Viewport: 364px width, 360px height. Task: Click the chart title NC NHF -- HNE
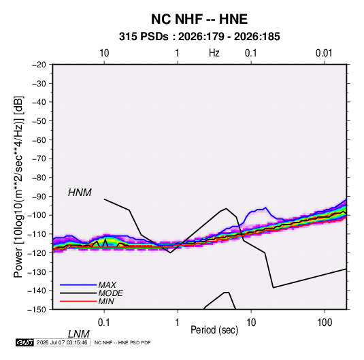pyautogui.click(x=199, y=19)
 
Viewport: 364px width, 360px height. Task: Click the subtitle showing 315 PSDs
pyautogui.click(x=199, y=37)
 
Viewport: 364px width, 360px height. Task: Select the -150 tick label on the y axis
pyautogui.click(x=37, y=309)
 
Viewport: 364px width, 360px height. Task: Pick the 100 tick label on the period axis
pyautogui.click(x=325, y=323)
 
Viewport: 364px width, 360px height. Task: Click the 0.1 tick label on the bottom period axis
pyautogui.click(x=104, y=323)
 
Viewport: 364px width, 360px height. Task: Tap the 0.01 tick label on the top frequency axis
pyautogui.click(x=324, y=53)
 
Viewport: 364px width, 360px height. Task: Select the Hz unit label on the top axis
pyautogui.click(x=214, y=53)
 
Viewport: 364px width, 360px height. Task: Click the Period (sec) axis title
pyautogui.click(x=214, y=330)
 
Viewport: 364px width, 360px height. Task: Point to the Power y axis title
pyautogui.click(x=18, y=187)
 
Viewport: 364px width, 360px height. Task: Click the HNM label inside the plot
pyautogui.click(x=80, y=193)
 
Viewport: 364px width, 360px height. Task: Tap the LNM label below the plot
pyautogui.click(x=79, y=334)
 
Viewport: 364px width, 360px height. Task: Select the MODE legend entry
pyautogui.click(x=91, y=293)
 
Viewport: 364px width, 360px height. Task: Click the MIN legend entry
pyautogui.click(x=87, y=301)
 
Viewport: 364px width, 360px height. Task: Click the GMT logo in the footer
pyautogui.click(x=25, y=342)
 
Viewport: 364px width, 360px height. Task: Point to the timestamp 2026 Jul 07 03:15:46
pyautogui.click(x=62, y=342)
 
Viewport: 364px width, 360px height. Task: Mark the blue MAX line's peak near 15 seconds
pyautogui.click(x=265, y=208)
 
